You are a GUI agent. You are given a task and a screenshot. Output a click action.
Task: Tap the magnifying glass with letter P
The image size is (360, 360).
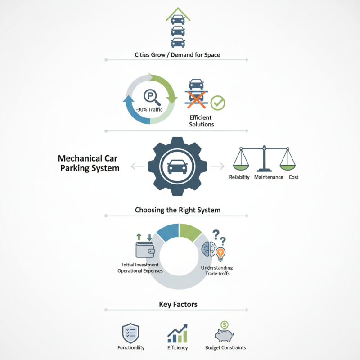click(152, 97)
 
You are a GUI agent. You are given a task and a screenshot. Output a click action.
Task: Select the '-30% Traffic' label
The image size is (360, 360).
click(149, 110)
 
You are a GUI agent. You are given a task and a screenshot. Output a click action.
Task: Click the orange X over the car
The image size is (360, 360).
click(196, 99)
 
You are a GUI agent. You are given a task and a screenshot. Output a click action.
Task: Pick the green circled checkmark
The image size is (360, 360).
click(218, 103)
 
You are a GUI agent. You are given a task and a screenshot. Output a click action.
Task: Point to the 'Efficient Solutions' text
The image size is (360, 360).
click(201, 121)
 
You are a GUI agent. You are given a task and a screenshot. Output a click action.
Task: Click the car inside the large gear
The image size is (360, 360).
click(177, 166)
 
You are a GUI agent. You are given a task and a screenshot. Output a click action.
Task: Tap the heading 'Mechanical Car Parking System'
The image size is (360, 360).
click(88, 163)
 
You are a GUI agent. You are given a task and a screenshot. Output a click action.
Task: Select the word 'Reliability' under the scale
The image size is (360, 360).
click(239, 177)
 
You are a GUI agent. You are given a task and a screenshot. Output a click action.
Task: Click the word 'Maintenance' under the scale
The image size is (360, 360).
click(269, 177)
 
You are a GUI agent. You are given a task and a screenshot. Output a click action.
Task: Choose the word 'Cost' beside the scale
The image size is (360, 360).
click(293, 177)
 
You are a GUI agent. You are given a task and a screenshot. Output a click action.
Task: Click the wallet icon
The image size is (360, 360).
click(145, 250)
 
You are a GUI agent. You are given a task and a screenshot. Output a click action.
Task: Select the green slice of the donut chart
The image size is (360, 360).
click(190, 232)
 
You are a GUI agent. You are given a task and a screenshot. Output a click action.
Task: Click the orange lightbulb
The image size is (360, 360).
click(220, 254)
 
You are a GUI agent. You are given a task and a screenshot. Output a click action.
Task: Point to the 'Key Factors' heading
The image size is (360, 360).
click(178, 305)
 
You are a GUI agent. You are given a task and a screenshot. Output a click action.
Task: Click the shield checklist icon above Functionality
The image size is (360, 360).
click(130, 333)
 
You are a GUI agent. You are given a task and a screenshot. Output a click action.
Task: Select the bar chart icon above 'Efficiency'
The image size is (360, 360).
click(177, 333)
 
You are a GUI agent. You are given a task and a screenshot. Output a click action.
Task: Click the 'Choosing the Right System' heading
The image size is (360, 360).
click(178, 210)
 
